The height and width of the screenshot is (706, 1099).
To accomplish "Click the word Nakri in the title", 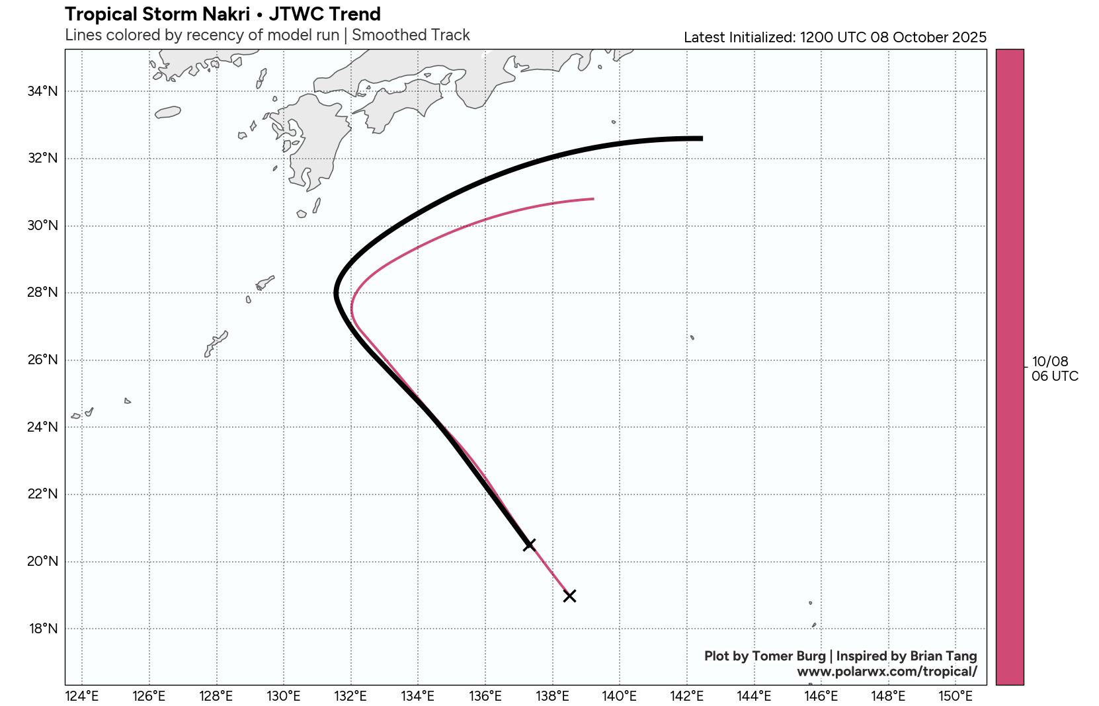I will point(224,14).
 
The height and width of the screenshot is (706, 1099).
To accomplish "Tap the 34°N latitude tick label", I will point(42,91).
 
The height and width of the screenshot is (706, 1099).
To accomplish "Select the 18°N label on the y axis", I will point(42,629).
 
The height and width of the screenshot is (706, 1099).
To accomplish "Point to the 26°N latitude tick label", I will point(42,360).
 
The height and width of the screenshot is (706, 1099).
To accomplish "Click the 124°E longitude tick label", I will point(82,696).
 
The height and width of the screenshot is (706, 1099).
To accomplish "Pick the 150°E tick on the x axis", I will point(956,696).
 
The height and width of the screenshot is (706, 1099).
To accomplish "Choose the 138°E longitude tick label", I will point(552,696).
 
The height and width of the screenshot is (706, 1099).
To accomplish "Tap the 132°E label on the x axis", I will point(350,696).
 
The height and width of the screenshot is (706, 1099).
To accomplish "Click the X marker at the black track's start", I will point(529,545).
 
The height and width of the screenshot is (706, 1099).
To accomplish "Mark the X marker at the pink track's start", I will point(569,596).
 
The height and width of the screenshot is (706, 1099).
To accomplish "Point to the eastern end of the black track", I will point(702,138).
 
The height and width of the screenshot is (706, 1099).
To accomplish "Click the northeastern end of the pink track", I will point(593,198).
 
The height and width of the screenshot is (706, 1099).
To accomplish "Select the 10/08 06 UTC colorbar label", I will point(1054,369).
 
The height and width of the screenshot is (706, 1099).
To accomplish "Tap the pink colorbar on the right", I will point(1010,367).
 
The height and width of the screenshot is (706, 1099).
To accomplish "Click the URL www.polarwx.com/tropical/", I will point(887,672).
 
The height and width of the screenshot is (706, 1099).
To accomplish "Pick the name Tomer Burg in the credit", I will point(789,656).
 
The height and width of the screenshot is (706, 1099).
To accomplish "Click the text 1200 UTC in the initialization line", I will point(833,37).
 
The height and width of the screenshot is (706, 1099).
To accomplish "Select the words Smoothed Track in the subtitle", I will point(411,35).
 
